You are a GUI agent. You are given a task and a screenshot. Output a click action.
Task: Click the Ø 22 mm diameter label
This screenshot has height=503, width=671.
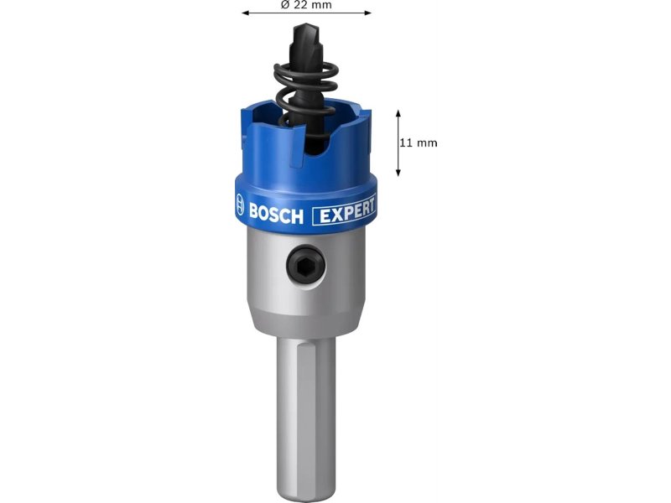point(306,5)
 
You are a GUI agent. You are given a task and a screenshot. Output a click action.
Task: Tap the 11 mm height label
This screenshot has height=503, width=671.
point(419,143)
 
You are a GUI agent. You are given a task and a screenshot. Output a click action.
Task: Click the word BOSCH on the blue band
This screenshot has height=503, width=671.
point(276,214)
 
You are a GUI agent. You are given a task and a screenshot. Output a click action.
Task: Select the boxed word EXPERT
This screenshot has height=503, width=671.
point(345,210)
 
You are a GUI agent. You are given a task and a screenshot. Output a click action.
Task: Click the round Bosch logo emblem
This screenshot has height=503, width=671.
point(240,205)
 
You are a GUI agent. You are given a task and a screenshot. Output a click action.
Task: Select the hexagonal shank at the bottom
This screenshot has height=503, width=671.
point(305,415)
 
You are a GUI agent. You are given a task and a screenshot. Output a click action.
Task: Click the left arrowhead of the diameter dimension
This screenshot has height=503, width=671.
point(245,13)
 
